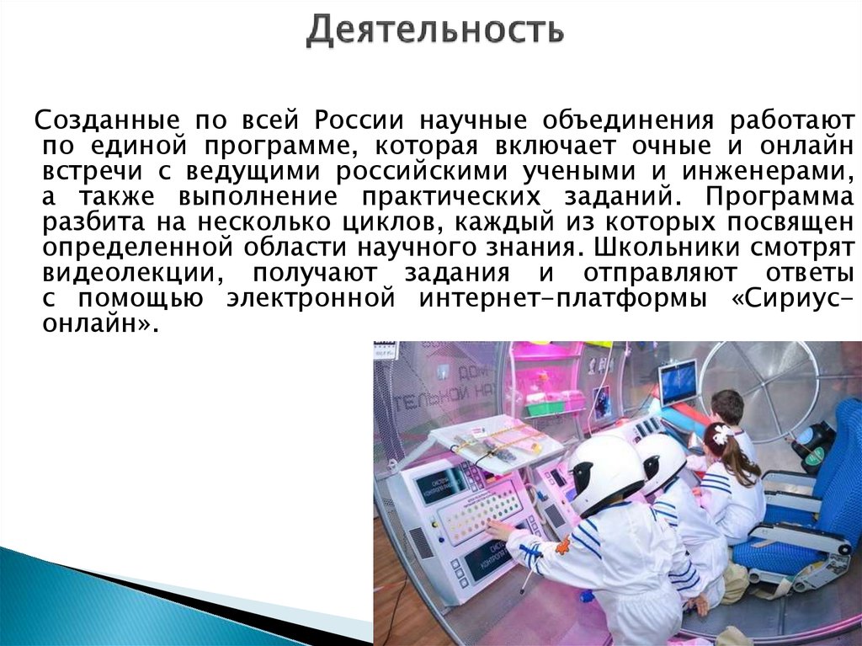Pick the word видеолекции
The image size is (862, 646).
point(132,275)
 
